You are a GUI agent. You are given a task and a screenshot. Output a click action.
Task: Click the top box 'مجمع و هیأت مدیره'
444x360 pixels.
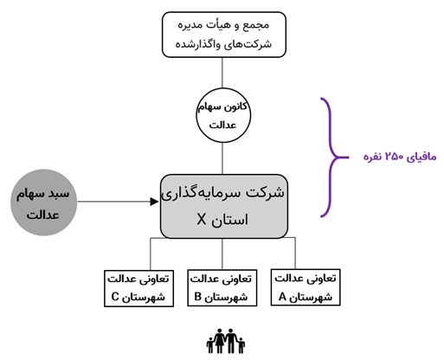[x=224, y=35]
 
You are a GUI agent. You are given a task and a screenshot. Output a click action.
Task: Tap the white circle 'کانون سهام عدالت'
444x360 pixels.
[x=223, y=115]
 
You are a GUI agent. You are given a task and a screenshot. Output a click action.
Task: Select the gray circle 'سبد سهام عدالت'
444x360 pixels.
[x=44, y=202]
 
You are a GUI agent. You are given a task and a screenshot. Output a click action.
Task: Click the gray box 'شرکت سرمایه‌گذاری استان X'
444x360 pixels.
[x=224, y=206]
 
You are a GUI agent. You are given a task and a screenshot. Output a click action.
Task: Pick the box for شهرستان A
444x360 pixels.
[x=306, y=287]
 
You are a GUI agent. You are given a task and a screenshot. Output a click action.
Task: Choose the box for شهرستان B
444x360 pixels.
[x=222, y=288]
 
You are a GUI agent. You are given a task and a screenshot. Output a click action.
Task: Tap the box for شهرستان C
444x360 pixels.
[x=138, y=288]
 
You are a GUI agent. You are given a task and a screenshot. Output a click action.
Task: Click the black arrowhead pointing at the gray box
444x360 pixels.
[x=155, y=202]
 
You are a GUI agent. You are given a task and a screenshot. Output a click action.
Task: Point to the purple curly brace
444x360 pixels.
[x=331, y=157]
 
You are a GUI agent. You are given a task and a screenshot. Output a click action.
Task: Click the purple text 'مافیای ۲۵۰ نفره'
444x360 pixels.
[x=400, y=157]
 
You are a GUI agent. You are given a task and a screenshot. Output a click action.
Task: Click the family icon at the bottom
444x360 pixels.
[x=226, y=341]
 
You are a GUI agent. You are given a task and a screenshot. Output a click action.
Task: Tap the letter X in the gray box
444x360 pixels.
[x=202, y=220]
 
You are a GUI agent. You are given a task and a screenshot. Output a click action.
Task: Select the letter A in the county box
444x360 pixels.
[x=282, y=297]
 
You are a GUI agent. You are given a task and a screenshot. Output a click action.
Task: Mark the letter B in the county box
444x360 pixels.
[x=197, y=297]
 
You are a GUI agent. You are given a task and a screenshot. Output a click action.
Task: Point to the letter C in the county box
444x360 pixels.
[x=115, y=297]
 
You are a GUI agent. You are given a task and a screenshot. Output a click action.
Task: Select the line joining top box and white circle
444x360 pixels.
[x=222, y=73]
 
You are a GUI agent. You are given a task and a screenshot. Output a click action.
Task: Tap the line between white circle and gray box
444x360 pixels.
[x=222, y=158]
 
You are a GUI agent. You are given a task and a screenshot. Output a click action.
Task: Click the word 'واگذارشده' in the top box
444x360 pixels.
[x=197, y=44]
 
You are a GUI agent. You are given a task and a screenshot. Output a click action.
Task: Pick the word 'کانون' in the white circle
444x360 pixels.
[x=235, y=106]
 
